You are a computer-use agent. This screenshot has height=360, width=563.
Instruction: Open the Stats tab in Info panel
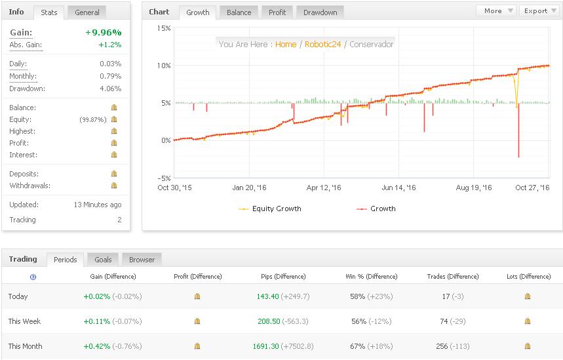pyautogui.click(x=49, y=12)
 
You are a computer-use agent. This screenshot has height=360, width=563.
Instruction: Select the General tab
pyautogui.click(x=87, y=12)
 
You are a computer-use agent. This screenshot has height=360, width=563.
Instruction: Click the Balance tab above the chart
pyautogui.click(x=239, y=12)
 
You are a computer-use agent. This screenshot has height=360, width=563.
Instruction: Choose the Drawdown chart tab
pyautogui.click(x=320, y=12)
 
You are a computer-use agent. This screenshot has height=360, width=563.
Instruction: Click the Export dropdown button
pyautogui.click(x=538, y=10)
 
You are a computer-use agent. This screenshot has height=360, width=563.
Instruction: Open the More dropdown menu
pyautogui.click(x=496, y=10)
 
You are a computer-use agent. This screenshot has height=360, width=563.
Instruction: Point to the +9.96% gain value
pyautogui.click(x=103, y=32)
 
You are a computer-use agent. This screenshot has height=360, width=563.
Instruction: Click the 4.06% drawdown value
pyautogui.click(x=110, y=89)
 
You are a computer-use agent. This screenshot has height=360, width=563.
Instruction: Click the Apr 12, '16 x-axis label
pyautogui.click(x=324, y=188)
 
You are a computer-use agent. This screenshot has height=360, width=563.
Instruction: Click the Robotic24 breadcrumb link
pyautogui.click(x=322, y=45)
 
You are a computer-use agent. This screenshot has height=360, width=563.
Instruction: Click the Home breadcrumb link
pyautogui.click(x=286, y=45)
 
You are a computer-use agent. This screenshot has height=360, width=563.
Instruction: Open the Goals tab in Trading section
pyautogui.click(x=102, y=260)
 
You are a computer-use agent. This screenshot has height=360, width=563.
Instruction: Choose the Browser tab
pyautogui.click(x=142, y=260)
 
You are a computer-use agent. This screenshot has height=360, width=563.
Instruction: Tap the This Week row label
pyautogui.click(x=24, y=321)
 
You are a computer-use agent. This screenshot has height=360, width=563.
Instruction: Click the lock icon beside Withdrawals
pyautogui.click(x=114, y=186)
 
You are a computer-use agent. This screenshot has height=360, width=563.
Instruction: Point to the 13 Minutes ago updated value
pyautogui.click(x=97, y=205)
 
